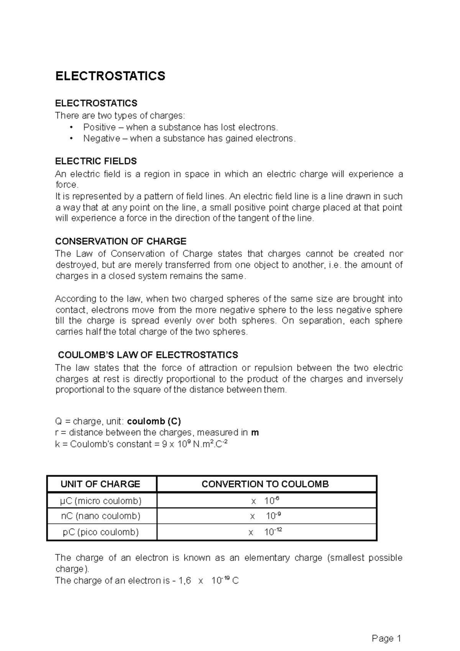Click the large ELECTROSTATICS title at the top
(x=110, y=76)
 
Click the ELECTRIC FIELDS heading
(x=96, y=161)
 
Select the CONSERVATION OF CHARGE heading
(x=121, y=241)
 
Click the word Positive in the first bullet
(x=99, y=127)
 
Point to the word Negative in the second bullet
(x=101, y=138)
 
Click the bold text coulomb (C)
(x=154, y=421)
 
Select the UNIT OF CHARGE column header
(x=100, y=484)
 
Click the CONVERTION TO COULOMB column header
(x=265, y=484)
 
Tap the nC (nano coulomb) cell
(x=101, y=516)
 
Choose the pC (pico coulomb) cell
(x=101, y=532)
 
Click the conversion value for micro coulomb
(x=265, y=501)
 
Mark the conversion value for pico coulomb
(x=265, y=532)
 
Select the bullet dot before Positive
(x=71, y=127)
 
